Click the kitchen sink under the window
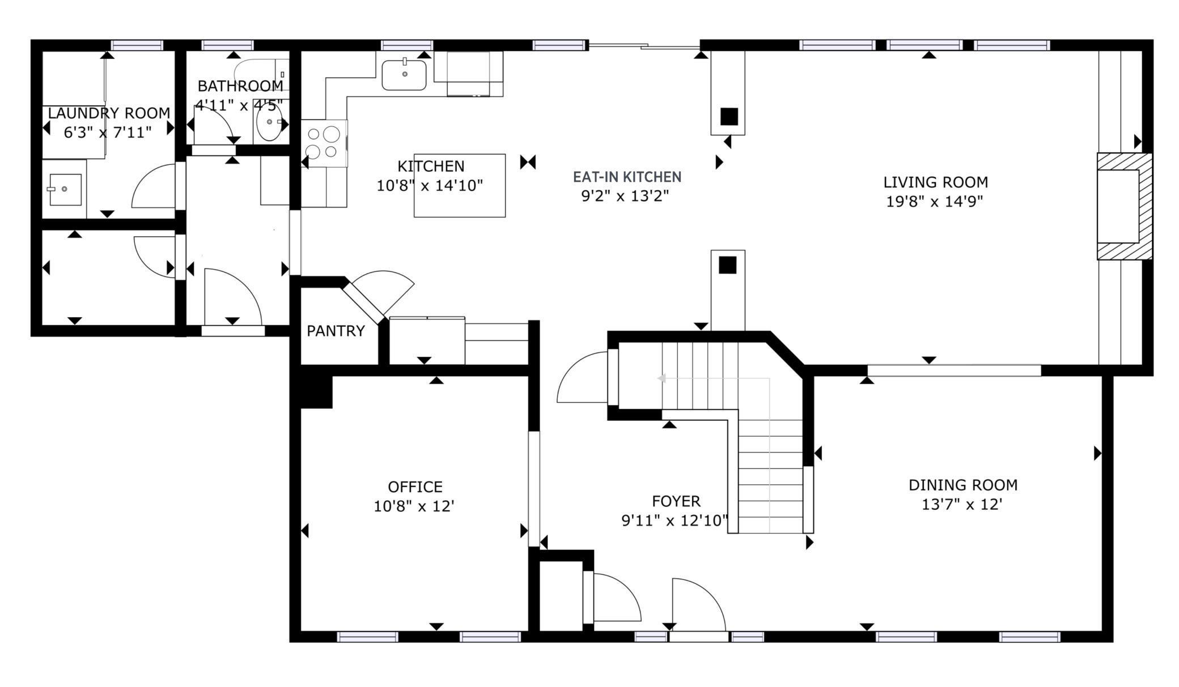click(404, 75)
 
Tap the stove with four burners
click(323, 143)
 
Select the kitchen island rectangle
click(460, 186)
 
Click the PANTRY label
click(336, 331)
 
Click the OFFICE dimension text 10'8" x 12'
click(414, 506)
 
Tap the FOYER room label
click(676, 501)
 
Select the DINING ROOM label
click(962, 485)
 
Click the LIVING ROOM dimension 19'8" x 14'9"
click(934, 202)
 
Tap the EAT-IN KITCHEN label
click(627, 177)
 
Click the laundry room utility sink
click(65, 189)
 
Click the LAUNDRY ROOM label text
click(109, 113)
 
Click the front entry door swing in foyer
click(698, 604)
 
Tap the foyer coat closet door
click(615, 598)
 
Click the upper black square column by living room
click(729, 116)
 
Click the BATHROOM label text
click(240, 86)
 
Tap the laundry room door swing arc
click(153, 186)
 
